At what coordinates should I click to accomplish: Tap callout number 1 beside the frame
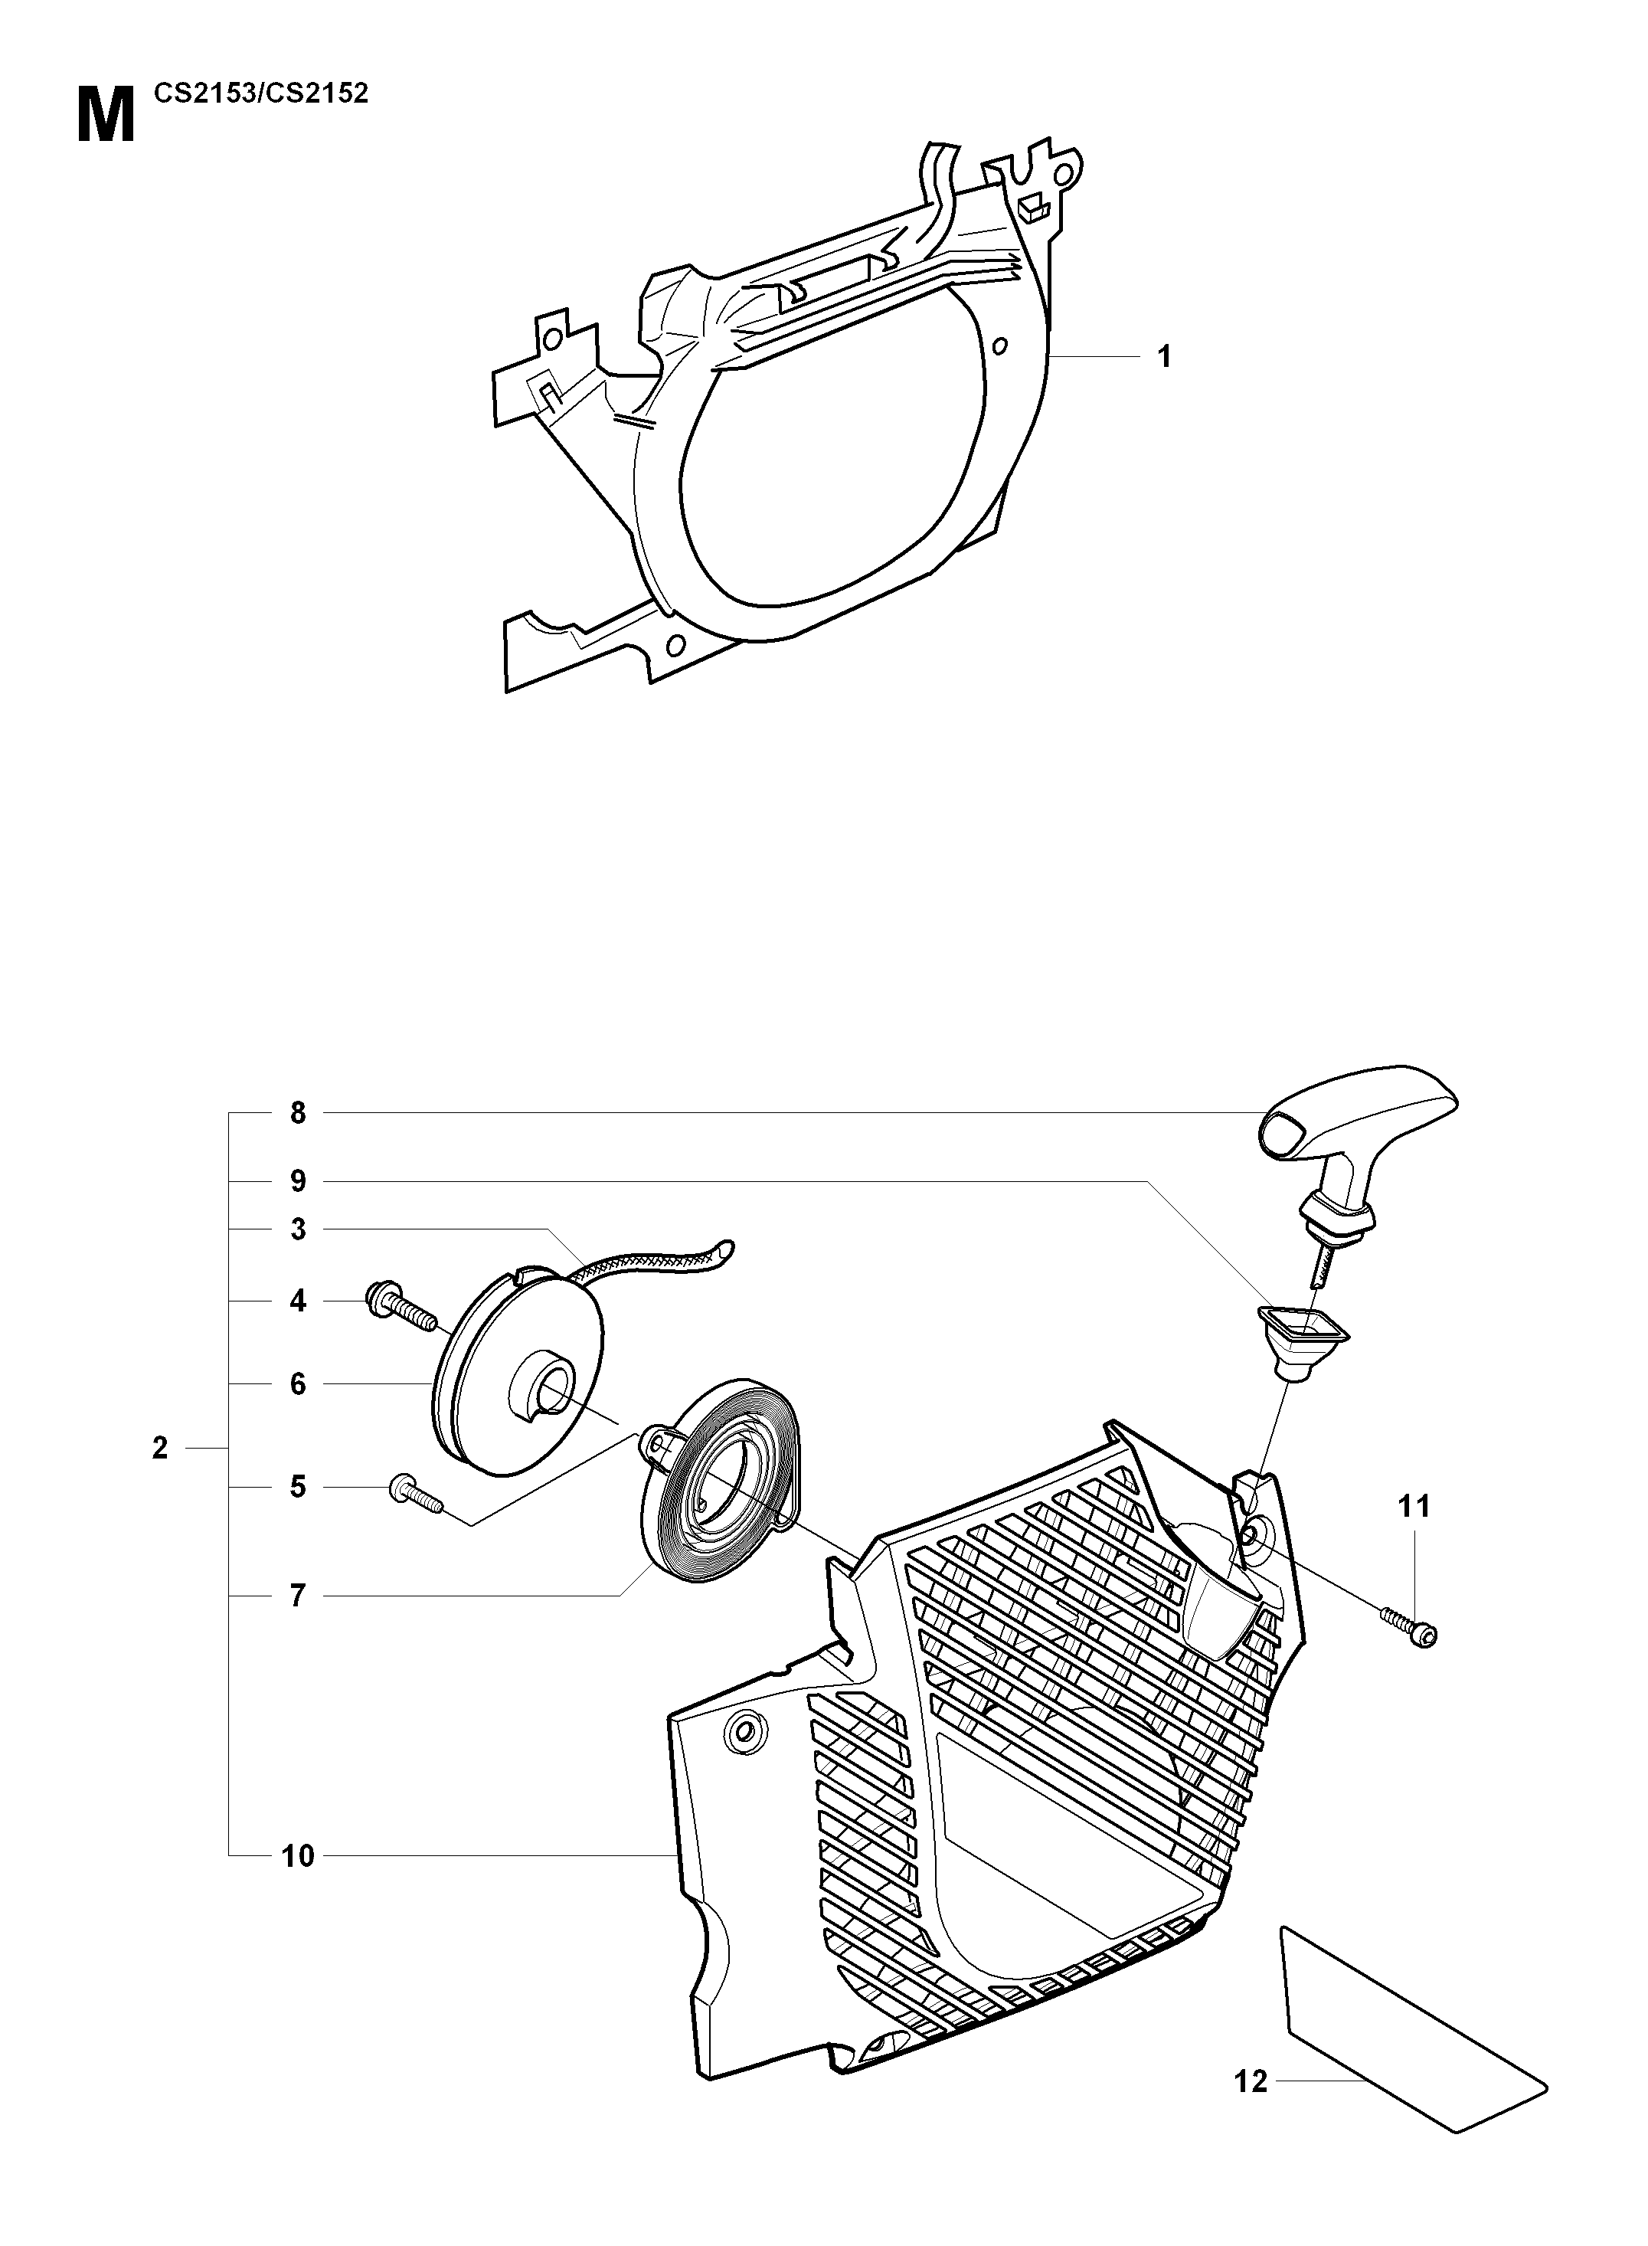tap(1163, 356)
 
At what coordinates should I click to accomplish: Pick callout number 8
tap(298, 1112)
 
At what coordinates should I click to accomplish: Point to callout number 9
tap(298, 1181)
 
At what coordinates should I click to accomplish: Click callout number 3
tap(298, 1229)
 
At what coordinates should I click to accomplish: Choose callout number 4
tap(298, 1301)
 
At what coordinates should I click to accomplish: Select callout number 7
tap(298, 1596)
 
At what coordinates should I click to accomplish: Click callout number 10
tap(298, 1856)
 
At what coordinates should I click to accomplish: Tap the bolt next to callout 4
tap(403, 1307)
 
